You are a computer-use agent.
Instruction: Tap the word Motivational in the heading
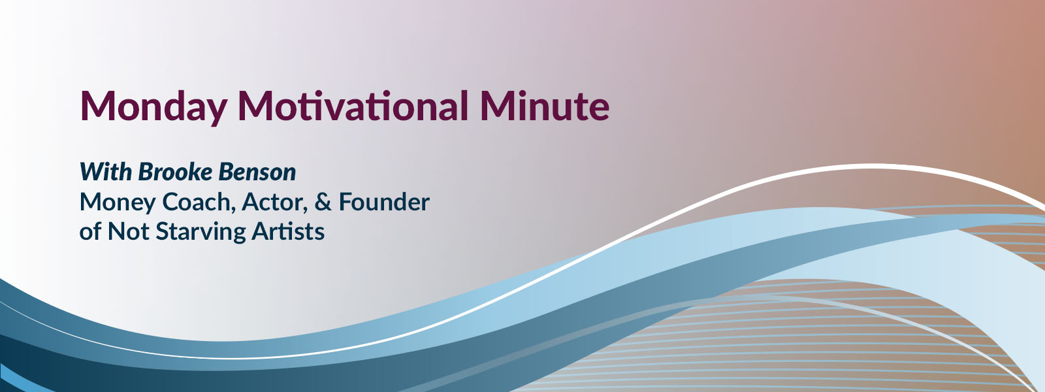pyautogui.click(x=353, y=106)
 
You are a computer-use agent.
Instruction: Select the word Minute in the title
pyautogui.click(x=545, y=106)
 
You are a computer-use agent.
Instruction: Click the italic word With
pyautogui.click(x=106, y=172)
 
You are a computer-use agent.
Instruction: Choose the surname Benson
pyautogui.click(x=257, y=172)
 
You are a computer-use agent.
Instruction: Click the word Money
pyautogui.click(x=118, y=203)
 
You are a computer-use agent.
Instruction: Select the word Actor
pyautogui.click(x=273, y=202)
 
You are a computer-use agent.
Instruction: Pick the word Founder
pyautogui.click(x=384, y=202)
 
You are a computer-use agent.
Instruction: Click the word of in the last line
pyautogui.click(x=90, y=231)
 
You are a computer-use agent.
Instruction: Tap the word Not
pyautogui.click(x=128, y=231)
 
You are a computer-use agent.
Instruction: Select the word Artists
pyautogui.click(x=288, y=231)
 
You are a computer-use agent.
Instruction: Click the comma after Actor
pyautogui.click(x=306, y=211)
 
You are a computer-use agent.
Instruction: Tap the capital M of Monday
pyautogui.click(x=95, y=106)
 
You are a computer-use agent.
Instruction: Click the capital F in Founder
pyautogui.click(x=346, y=202)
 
